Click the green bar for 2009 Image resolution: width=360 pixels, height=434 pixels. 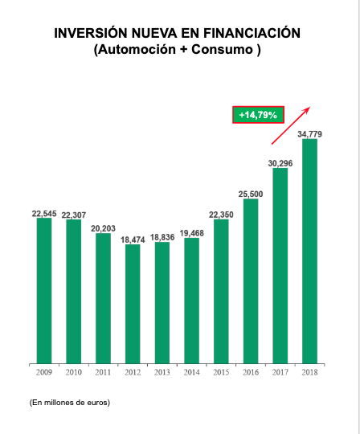point(43,290)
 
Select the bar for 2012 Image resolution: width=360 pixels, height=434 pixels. point(133,303)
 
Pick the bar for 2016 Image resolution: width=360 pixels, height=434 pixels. point(251,280)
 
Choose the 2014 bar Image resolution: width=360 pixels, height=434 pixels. point(191,300)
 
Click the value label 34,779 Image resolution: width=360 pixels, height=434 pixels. point(310,133)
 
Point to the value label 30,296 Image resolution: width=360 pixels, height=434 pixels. point(280,162)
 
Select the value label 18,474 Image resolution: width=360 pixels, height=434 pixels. point(133,240)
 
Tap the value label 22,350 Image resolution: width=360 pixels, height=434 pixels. point(221,214)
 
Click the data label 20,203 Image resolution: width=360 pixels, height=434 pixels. point(103,228)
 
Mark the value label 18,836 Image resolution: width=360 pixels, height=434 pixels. point(162,237)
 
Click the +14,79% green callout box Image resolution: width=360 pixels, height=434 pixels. point(258,115)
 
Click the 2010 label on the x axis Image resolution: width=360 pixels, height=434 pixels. point(73,373)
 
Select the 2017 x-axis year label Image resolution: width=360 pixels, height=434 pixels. point(280,373)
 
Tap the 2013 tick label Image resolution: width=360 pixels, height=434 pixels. point(162,373)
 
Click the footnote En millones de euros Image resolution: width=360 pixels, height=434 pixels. point(69,401)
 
